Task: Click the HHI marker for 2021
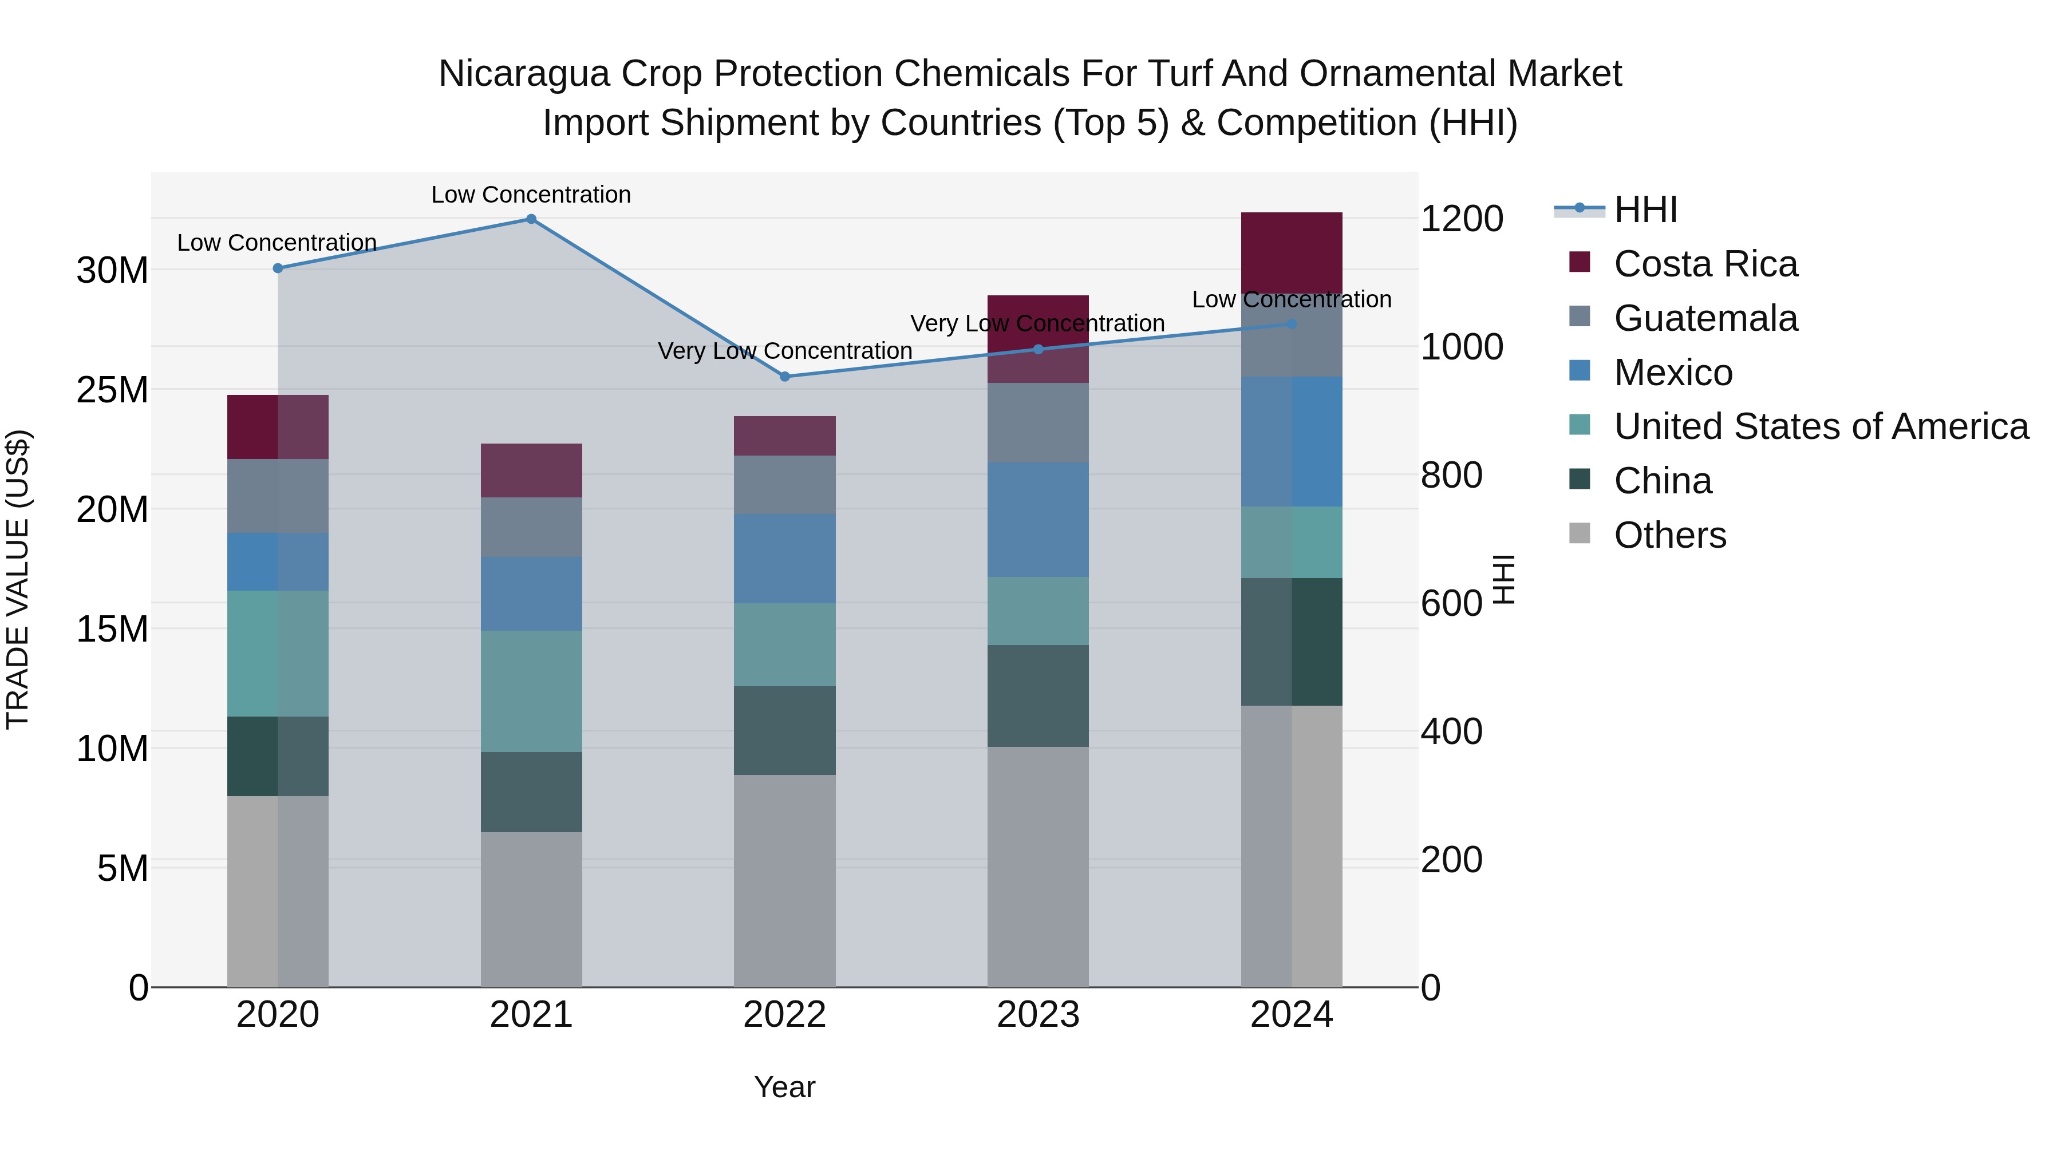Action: pyautogui.click(x=531, y=219)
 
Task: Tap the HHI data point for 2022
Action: pyautogui.click(x=785, y=377)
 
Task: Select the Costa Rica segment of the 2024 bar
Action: pyautogui.click(x=1292, y=253)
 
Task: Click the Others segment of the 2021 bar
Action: pyautogui.click(x=531, y=909)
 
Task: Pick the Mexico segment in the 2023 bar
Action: pyautogui.click(x=1038, y=520)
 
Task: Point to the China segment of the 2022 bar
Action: pyautogui.click(x=785, y=730)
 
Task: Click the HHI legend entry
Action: pyautogui.click(x=1645, y=209)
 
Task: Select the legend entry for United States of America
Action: pyautogui.click(x=1820, y=426)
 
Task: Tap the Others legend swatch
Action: pyautogui.click(x=1580, y=533)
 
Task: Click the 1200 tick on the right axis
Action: pyautogui.click(x=1462, y=219)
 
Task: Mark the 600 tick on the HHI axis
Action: pyautogui.click(x=1451, y=604)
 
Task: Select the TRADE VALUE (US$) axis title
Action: pyautogui.click(x=18, y=579)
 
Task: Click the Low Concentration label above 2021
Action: pyautogui.click(x=531, y=195)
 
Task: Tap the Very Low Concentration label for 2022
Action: pyautogui.click(x=785, y=351)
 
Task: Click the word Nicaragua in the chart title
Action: pyautogui.click(x=524, y=74)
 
